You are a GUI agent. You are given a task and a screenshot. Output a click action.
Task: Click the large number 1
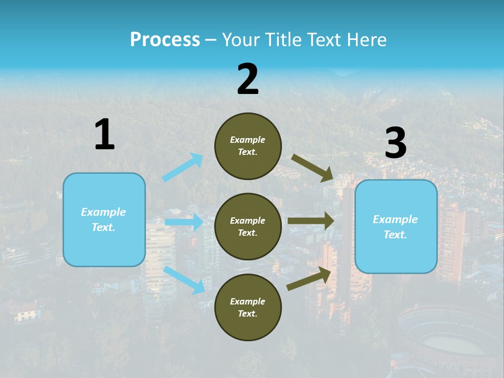tap(104, 134)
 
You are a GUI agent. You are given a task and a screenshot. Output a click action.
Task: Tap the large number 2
tap(248, 79)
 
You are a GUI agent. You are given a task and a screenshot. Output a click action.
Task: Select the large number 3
tap(395, 143)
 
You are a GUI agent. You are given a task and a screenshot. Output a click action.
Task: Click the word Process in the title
tap(165, 39)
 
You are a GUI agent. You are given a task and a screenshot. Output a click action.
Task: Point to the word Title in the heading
tap(281, 39)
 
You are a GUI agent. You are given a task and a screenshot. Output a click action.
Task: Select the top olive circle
tap(248, 146)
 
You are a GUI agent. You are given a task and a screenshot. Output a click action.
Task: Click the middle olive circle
tap(248, 226)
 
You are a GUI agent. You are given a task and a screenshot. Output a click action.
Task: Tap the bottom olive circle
tap(248, 307)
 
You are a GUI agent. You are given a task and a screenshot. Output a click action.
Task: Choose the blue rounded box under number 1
tap(104, 219)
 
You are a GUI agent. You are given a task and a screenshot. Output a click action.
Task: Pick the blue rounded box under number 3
tap(396, 226)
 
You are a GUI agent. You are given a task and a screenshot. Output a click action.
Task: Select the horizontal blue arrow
tap(184, 222)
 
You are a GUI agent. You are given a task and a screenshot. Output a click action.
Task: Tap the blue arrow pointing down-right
tap(184, 280)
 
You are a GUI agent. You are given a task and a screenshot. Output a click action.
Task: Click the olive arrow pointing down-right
tap(312, 168)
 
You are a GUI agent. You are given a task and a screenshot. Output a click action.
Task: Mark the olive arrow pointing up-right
tap(309, 279)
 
